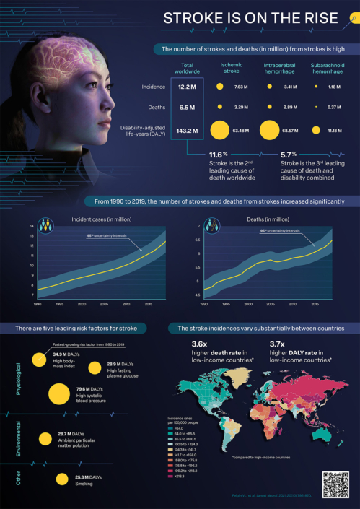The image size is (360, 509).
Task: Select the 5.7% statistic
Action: (289, 155)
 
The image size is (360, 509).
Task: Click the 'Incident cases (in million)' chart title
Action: (97, 219)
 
